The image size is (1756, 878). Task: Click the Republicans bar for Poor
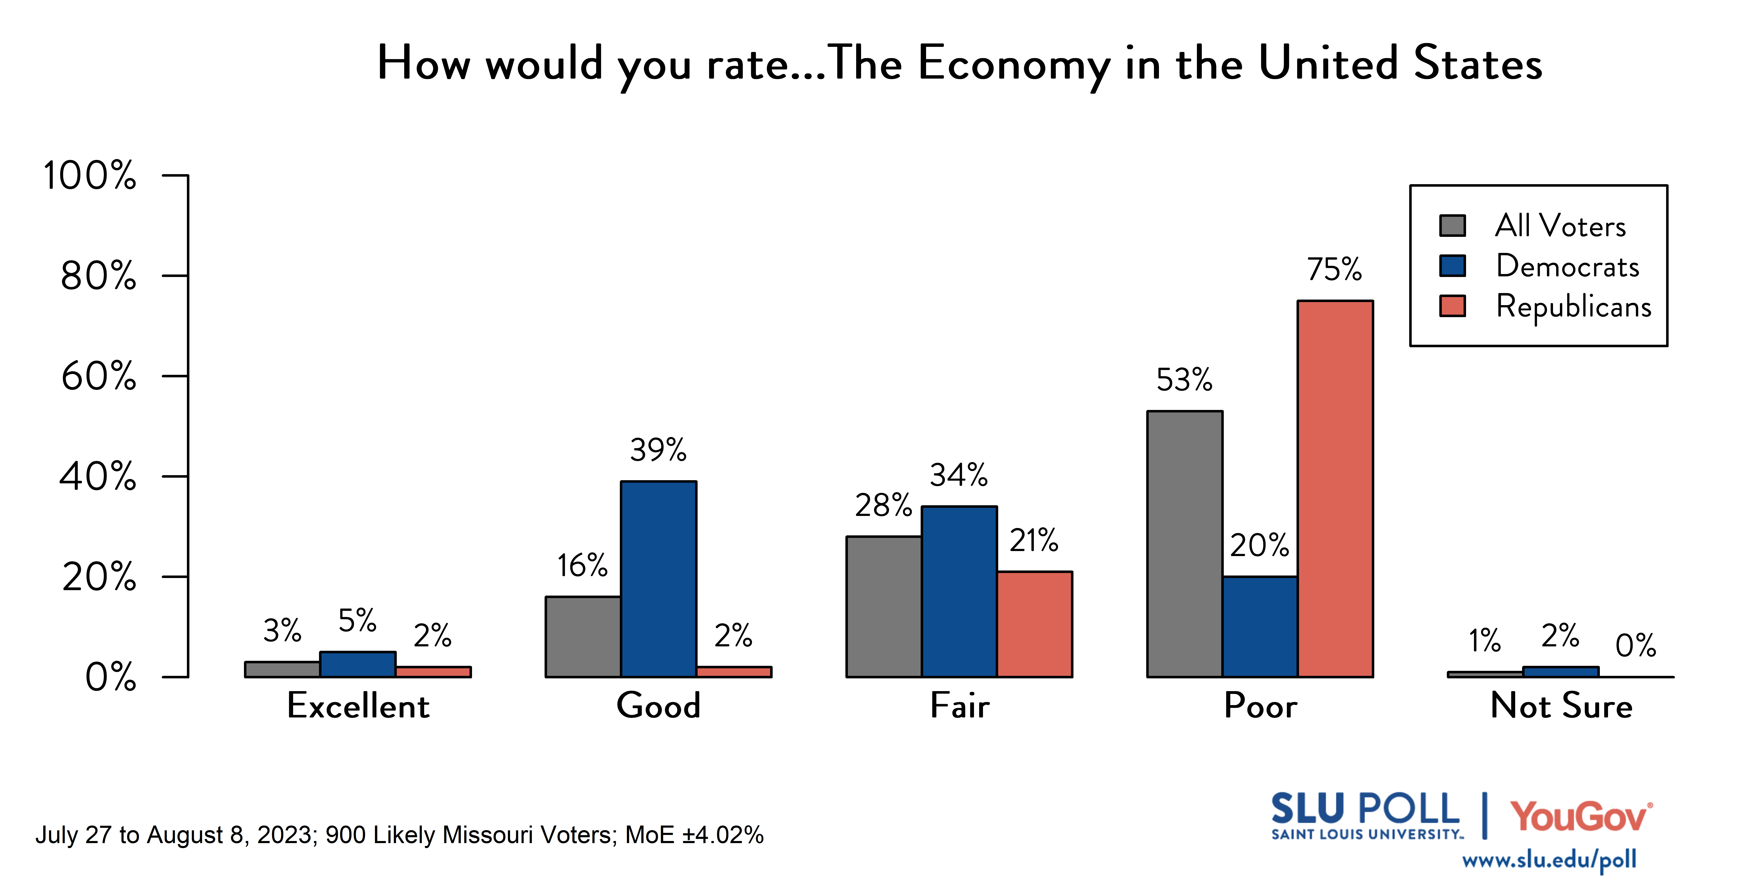(x=1335, y=489)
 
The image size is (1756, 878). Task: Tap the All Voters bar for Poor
(x=1185, y=544)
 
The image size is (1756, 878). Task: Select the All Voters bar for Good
(x=583, y=637)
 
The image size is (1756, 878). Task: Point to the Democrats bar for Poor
(x=1260, y=627)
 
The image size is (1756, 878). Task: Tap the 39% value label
(x=658, y=450)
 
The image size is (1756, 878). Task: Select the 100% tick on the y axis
(x=90, y=176)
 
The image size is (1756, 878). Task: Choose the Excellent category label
(x=358, y=706)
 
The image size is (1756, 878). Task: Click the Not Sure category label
(x=1561, y=706)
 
